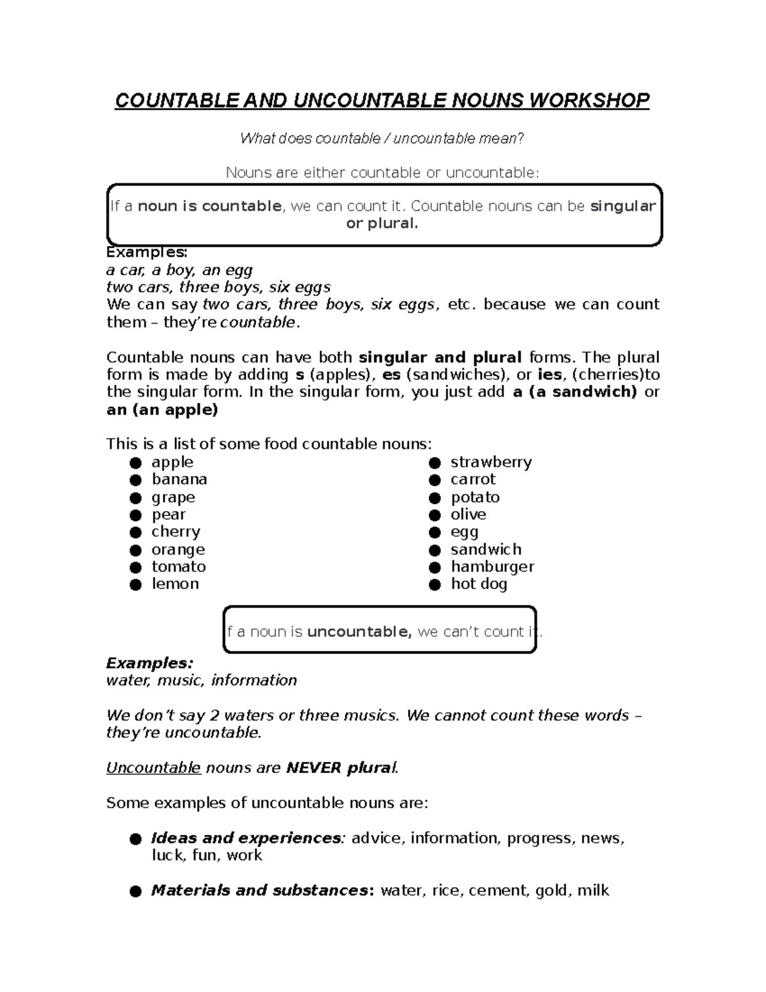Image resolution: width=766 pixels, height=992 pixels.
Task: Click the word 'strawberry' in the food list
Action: [491, 462]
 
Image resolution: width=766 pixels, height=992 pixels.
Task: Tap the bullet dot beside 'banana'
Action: [135, 480]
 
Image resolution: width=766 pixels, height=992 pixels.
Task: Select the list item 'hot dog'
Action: [479, 584]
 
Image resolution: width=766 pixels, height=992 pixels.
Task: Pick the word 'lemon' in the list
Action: [175, 584]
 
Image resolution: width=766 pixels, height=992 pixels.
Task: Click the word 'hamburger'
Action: [492, 567]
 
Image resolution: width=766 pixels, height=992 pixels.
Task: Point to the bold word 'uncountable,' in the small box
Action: [359, 632]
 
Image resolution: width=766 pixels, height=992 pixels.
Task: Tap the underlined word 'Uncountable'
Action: [153, 768]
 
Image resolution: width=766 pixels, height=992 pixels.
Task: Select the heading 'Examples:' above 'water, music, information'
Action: [149, 662]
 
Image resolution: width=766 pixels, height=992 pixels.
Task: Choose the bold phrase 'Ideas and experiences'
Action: [246, 838]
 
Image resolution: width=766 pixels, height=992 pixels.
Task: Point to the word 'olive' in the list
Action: [468, 514]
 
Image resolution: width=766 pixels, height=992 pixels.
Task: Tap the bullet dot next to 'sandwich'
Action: [435, 550]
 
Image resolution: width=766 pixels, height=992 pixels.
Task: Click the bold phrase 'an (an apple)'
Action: [162, 409]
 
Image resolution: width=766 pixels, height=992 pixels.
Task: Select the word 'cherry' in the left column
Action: [176, 531]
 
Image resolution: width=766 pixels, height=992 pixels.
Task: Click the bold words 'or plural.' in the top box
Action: [382, 224]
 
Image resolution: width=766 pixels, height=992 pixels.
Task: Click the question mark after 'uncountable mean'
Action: [521, 139]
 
